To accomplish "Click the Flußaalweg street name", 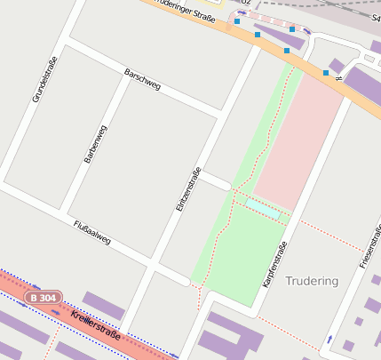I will [x=91, y=233].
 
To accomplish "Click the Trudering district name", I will [x=312, y=281].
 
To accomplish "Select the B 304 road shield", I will [x=44, y=297].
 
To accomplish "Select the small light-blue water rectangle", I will [x=263, y=208].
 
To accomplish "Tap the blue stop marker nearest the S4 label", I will [x=325, y=72].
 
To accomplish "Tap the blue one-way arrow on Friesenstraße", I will [x=329, y=340].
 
